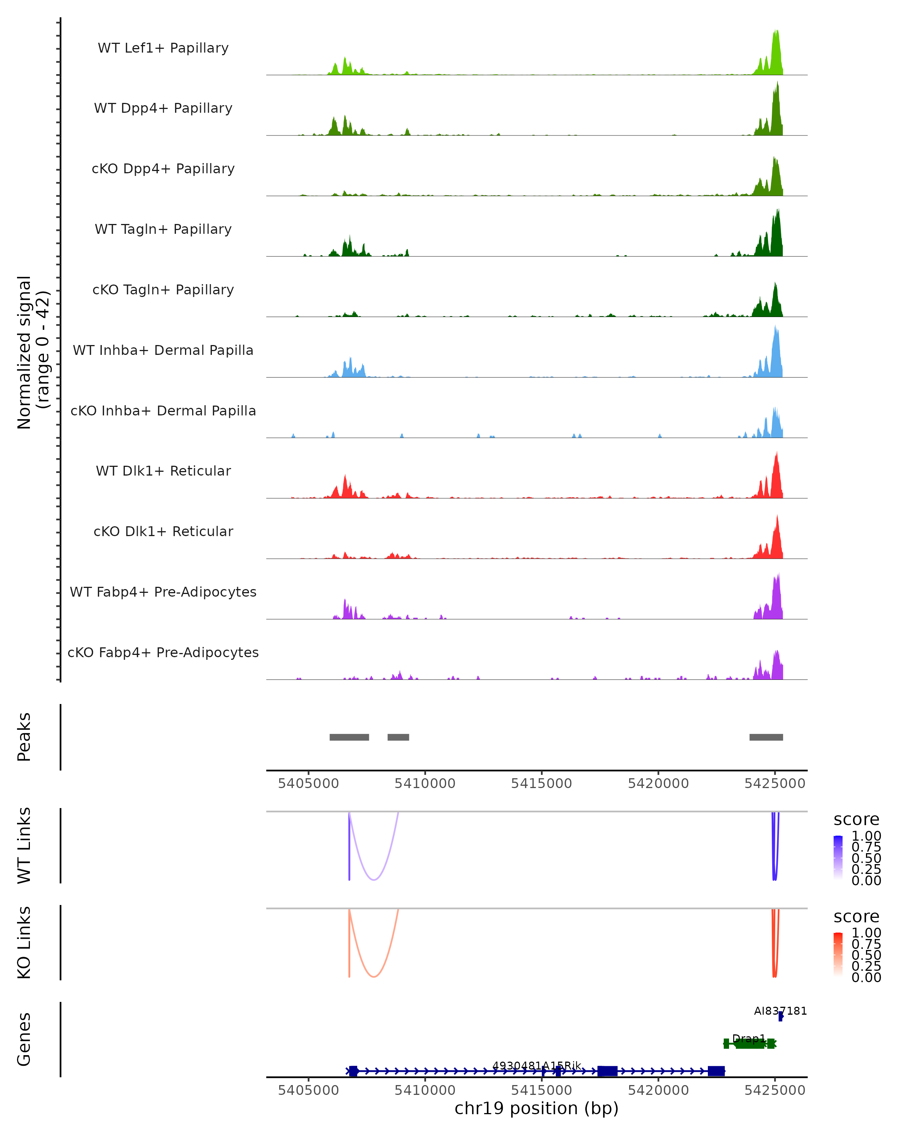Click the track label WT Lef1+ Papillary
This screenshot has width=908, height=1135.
pos(163,48)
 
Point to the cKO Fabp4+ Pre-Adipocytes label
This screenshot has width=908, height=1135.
pos(163,652)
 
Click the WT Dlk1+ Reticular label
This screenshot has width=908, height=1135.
pos(163,471)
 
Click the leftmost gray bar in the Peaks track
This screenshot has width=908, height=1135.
pos(349,737)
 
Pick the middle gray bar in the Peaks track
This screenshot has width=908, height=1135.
pos(398,737)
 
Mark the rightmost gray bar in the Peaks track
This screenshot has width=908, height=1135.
pos(766,737)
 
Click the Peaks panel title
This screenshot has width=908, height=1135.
pos(24,737)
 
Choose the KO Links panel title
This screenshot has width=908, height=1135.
pos(24,942)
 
